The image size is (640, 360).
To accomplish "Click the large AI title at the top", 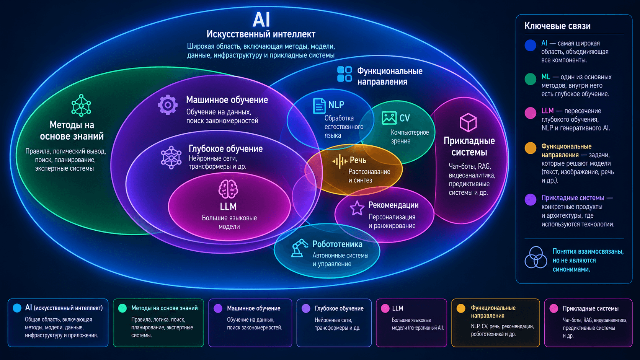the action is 261,20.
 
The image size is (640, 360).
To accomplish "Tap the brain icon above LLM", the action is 228,189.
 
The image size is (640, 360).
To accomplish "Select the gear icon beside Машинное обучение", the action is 168,105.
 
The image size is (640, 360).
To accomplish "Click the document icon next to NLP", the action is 319,106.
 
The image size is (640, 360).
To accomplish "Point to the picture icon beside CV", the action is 389,118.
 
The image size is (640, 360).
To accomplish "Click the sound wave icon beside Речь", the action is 340,161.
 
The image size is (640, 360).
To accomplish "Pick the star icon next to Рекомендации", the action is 357,208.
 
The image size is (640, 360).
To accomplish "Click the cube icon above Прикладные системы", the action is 468,122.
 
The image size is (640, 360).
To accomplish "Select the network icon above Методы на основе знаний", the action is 81,105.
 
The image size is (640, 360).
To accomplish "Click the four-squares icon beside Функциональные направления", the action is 344,74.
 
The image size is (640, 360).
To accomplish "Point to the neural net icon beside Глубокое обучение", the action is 171,157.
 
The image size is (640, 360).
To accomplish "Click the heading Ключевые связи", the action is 557,26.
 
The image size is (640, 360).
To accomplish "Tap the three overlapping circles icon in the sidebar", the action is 536,257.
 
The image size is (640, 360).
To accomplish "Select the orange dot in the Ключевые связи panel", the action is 530,148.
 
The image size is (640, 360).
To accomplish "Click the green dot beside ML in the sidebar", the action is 530,79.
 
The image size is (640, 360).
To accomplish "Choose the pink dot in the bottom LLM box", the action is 385,308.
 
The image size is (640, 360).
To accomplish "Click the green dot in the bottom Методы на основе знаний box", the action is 122,308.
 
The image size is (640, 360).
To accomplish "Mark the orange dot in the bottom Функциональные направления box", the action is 461,308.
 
